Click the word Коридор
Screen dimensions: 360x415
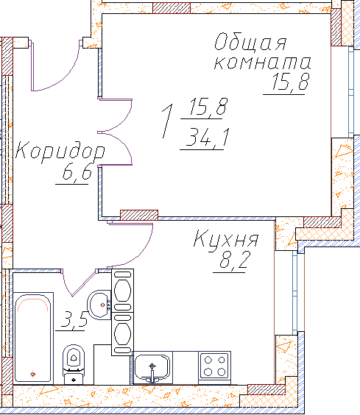[x=60, y=152]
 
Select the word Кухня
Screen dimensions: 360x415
[x=226, y=238]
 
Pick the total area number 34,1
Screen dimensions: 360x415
[x=207, y=137]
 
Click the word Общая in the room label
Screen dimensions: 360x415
[x=250, y=43]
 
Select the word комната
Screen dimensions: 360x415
[x=262, y=63]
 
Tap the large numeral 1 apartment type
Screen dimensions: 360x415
[x=167, y=121]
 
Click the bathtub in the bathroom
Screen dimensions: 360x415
[x=33, y=338]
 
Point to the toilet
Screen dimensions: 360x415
[x=74, y=364]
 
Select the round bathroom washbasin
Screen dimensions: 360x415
[x=99, y=305]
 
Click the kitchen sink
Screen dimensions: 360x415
[x=152, y=368]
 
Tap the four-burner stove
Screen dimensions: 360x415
[x=214, y=366]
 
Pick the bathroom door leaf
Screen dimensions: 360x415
[x=84, y=283]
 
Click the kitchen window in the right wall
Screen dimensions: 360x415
[x=294, y=293]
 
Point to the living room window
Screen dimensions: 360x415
[x=351, y=92]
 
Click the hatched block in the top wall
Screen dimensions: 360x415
[x=172, y=8]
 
